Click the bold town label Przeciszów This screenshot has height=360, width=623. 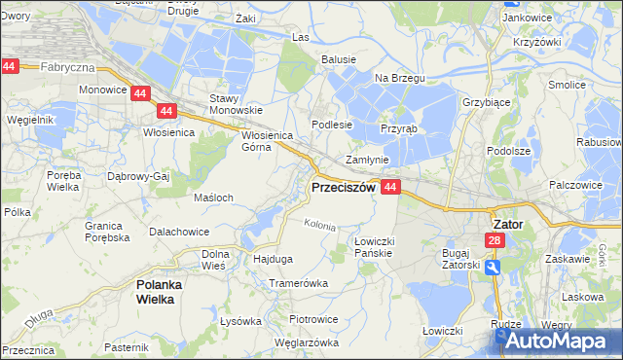342,188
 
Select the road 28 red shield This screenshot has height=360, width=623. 495,240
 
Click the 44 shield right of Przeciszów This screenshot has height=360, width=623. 390,186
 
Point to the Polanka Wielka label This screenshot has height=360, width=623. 154,292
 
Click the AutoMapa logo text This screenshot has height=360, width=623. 559,341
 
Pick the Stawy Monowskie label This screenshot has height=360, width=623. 231,104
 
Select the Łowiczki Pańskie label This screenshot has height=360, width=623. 373,247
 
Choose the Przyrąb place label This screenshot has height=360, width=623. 398,127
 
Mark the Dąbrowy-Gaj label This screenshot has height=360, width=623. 138,177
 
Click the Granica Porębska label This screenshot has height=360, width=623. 107,231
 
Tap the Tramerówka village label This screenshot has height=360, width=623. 299,282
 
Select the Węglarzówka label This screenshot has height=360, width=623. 307,342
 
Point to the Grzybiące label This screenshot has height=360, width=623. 487,101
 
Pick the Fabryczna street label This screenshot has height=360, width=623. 67,67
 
